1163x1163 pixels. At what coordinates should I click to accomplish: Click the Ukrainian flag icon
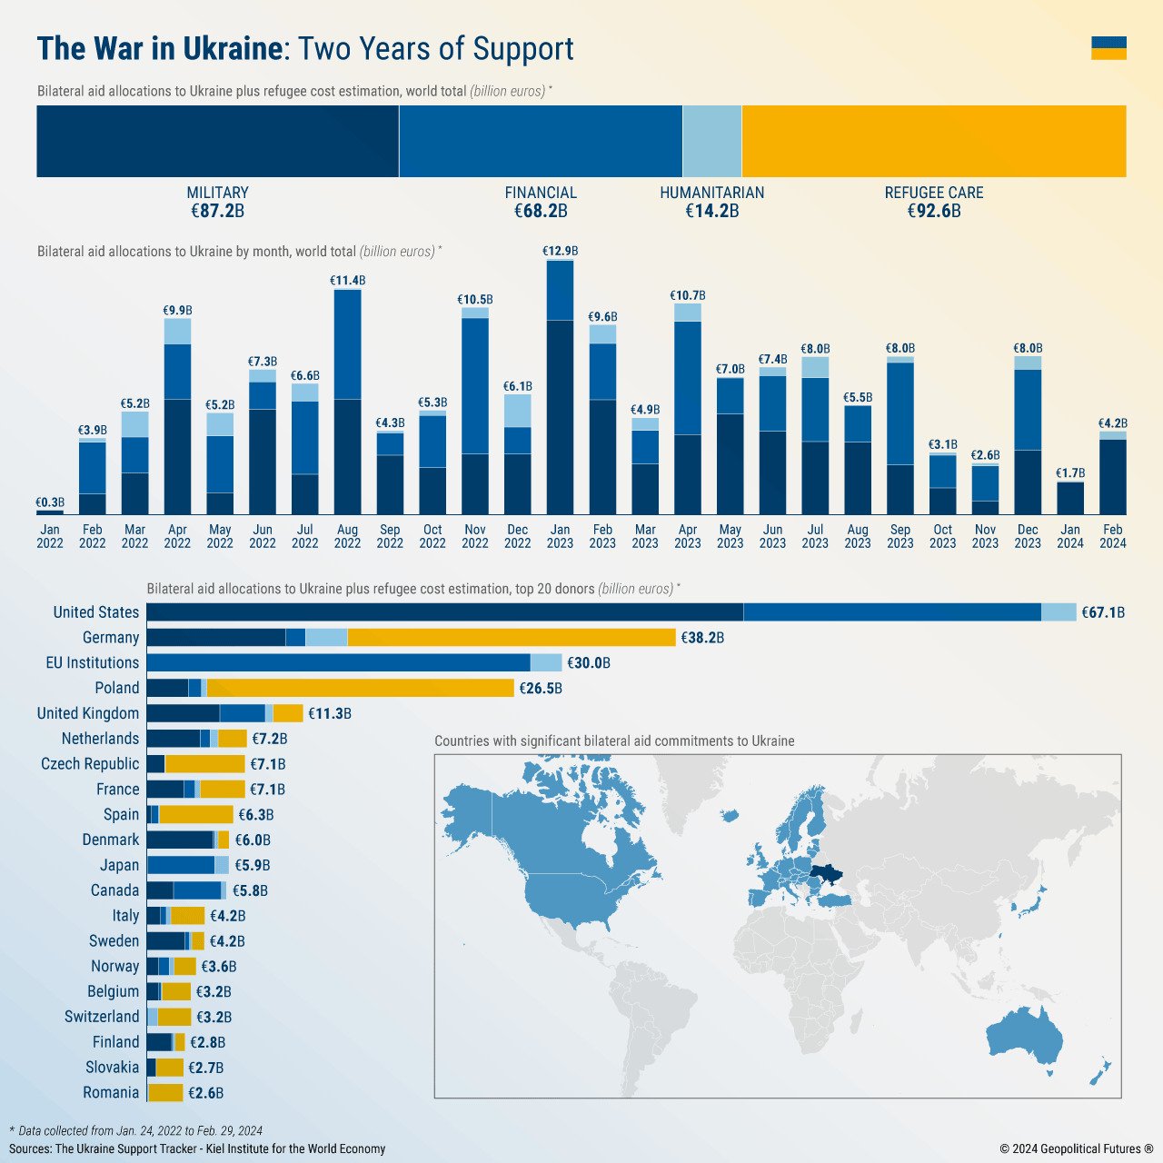[x=1108, y=48]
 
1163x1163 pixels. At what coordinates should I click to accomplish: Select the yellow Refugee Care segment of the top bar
[x=933, y=141]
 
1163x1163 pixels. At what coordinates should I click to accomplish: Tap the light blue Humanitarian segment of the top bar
[x=711, y=141]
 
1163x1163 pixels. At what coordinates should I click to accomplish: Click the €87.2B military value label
[x=217, y=212]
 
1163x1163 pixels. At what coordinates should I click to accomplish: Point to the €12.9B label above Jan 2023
[x=560, y=251]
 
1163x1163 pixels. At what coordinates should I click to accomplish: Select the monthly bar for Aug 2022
[x=347, y=402]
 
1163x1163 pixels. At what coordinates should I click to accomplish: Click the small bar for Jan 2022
[x=50, y=512]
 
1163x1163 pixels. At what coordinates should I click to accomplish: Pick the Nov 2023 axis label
[x=985, y=536]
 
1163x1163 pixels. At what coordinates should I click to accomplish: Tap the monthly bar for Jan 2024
[x=1070, y=498]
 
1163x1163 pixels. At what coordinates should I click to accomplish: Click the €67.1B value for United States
[x=1102, y=612]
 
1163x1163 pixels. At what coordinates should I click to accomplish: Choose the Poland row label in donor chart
[x=116, y=688]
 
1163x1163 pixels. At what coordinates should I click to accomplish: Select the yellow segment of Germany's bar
[x=511, y=638]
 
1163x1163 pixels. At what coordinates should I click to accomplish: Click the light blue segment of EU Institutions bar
[x=546, y=663]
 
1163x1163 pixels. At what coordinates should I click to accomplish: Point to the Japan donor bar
[x=187, y=865]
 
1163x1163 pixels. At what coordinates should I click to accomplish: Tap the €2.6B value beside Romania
[x=205, y=1093]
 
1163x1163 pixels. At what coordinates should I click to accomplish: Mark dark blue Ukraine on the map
[x=825, y=874]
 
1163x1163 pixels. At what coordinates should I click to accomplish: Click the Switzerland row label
[x=102, y=1017]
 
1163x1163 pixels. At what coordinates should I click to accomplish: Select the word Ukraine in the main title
[x=233, y=49]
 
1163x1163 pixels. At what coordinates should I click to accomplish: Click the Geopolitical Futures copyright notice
[x=1076, y=1148]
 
